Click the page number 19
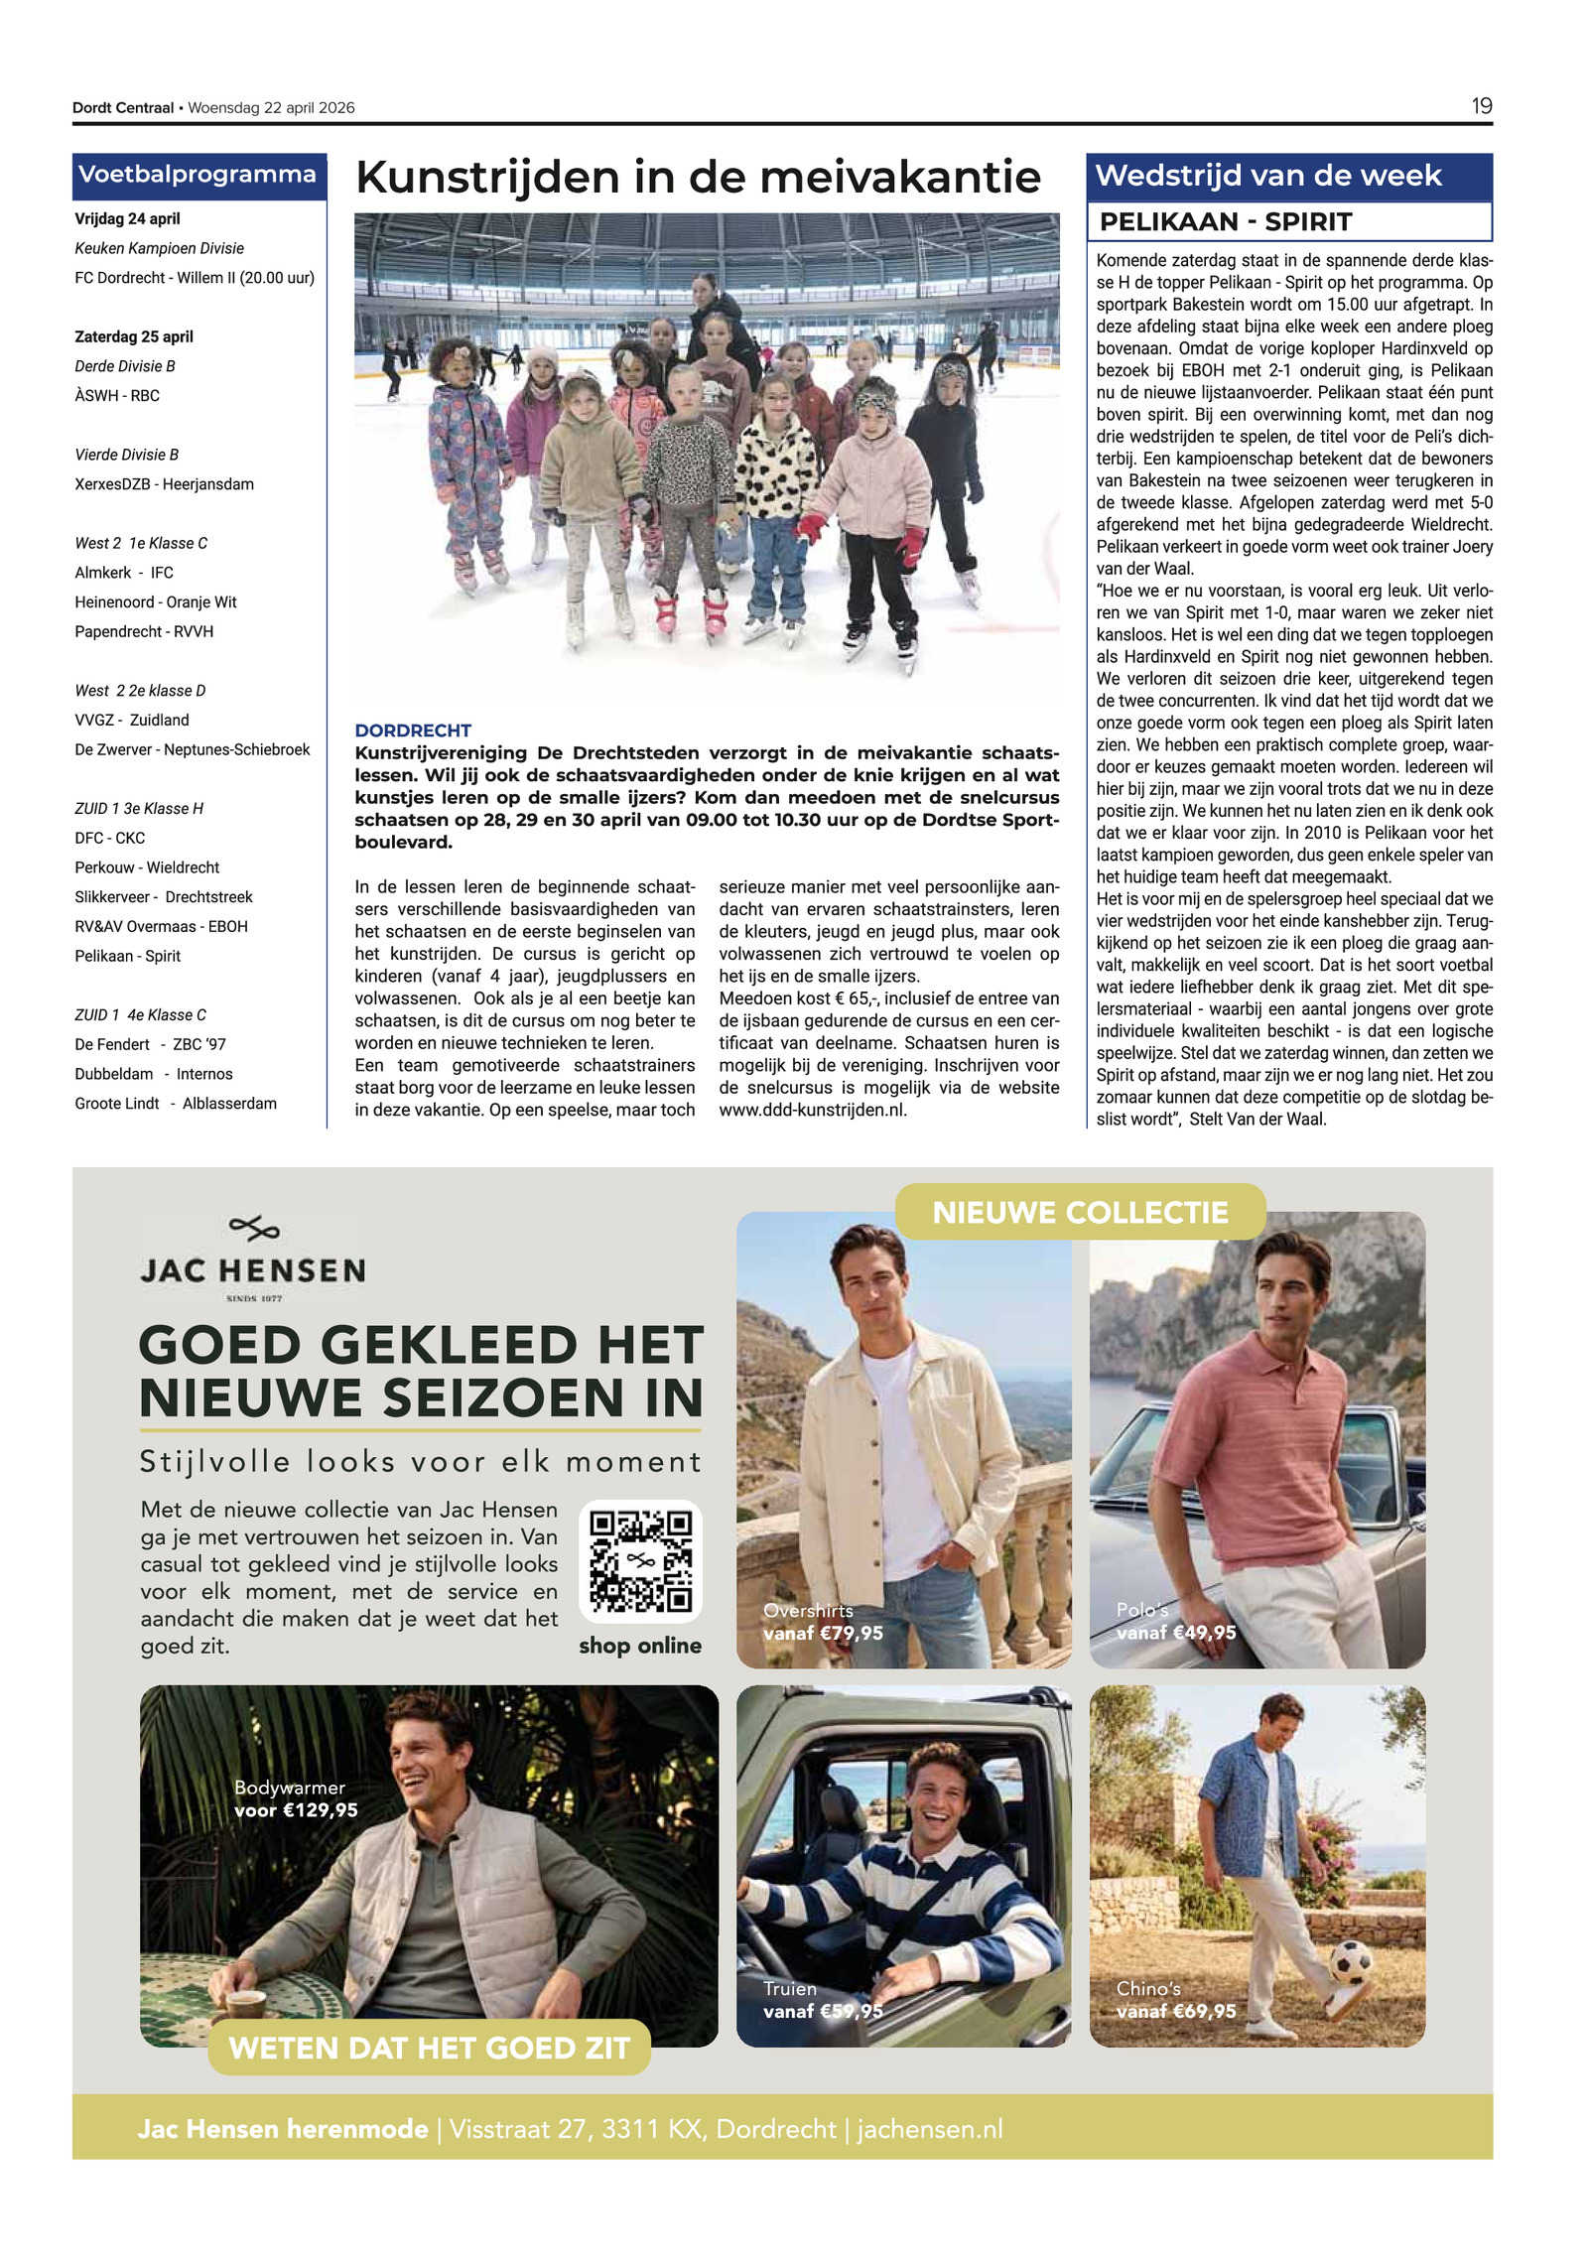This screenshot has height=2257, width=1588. (1481, 106)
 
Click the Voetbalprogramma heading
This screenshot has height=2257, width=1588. (198, 175)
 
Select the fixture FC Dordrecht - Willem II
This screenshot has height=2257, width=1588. (195, 278)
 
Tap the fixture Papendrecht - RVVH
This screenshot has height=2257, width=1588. (144, 631)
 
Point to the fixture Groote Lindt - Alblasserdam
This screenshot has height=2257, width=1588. (176, 1104)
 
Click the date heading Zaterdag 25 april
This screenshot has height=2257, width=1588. (134, 336)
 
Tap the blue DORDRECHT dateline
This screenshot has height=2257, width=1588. (413, 730)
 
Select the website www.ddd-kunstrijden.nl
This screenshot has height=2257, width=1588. (813, 1110)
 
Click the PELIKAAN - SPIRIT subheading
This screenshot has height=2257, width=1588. (1226, 222)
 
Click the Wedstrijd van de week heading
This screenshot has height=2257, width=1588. (1267, 176)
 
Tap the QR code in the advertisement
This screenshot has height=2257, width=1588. (640, 1560)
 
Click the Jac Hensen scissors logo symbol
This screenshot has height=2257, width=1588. (254, 1229)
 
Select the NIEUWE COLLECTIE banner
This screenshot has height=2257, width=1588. (1080, 1212)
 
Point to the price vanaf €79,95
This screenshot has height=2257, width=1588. (823, 1633)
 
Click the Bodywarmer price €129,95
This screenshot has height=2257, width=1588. (296, 1809)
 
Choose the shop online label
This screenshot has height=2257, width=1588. (640, 1646)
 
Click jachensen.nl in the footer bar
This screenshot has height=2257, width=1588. (930, 2129)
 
